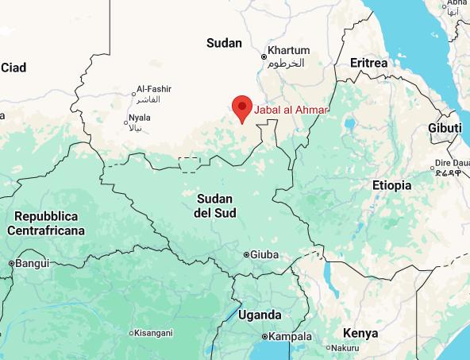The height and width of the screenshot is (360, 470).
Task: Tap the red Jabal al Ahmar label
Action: pyautogui.click(x=290, y=110)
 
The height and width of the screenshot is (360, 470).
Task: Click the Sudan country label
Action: pyautogui.click(x=223, y=43)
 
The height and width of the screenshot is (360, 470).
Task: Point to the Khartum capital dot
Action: pyautogui.click(x=264, y=56)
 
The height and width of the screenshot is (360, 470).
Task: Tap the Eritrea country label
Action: pyautogui.click(x=368, y=63)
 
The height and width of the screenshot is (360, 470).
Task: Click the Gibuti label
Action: pyautogui.click(x=444, y=128)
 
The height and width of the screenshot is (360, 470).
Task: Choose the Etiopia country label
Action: pyautogui.click(x=392, y=185)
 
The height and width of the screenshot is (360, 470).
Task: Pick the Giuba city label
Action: pyautogui.click(x=265, y=255)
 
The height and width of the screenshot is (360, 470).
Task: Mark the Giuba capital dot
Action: pyautogui.click(x=246, y=255)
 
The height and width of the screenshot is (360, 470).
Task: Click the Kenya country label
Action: pyautogui.click(x=360, y=332)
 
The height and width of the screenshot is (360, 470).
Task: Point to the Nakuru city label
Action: pyautogui.click(x=346, y=348)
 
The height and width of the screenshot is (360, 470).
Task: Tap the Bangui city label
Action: pyautogui.click(x=33, y=263)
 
